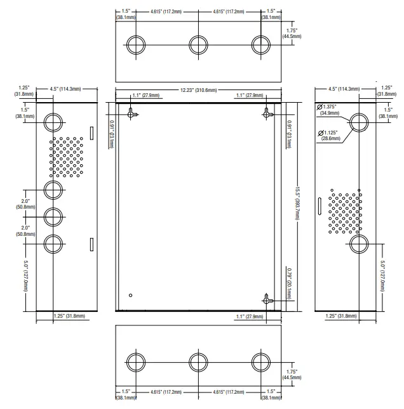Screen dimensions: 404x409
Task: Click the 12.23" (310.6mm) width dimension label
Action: [x=199, y=90]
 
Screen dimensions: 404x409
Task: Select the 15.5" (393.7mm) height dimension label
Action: [x=297, y=203]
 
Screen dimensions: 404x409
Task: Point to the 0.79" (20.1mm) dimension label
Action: [x=289, y=283]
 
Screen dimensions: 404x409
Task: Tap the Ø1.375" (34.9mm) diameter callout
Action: [x=328, y=110]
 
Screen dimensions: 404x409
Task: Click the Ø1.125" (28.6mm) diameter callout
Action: [x=329, y=135]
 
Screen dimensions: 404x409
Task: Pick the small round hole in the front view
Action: [x=131, y=295]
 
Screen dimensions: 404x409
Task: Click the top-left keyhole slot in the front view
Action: [x=132, y=114]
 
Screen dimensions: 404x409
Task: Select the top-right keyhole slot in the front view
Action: [x=267, y=114]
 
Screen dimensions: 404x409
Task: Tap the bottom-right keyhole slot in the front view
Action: [x=267, y=299]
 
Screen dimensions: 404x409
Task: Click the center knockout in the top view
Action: [x=198, y=45]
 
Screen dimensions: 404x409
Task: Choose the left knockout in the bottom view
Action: [x=136, y=362]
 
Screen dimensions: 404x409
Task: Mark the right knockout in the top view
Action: [x=261, y=45]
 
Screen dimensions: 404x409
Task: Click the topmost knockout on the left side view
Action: [x=53, y=122]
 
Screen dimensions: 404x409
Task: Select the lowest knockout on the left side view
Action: [x=53, y=244]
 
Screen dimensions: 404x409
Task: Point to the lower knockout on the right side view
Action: [x=359, y=244]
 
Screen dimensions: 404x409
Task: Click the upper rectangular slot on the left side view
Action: [x=91, y=133]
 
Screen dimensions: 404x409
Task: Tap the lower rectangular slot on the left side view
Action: [x=91, y=244]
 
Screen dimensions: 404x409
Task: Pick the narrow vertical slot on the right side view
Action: [x=320, y=206]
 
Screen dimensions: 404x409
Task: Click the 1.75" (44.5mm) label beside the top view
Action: [x=292, y=34]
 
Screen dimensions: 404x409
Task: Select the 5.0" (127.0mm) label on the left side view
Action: [x=25, y=276]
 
